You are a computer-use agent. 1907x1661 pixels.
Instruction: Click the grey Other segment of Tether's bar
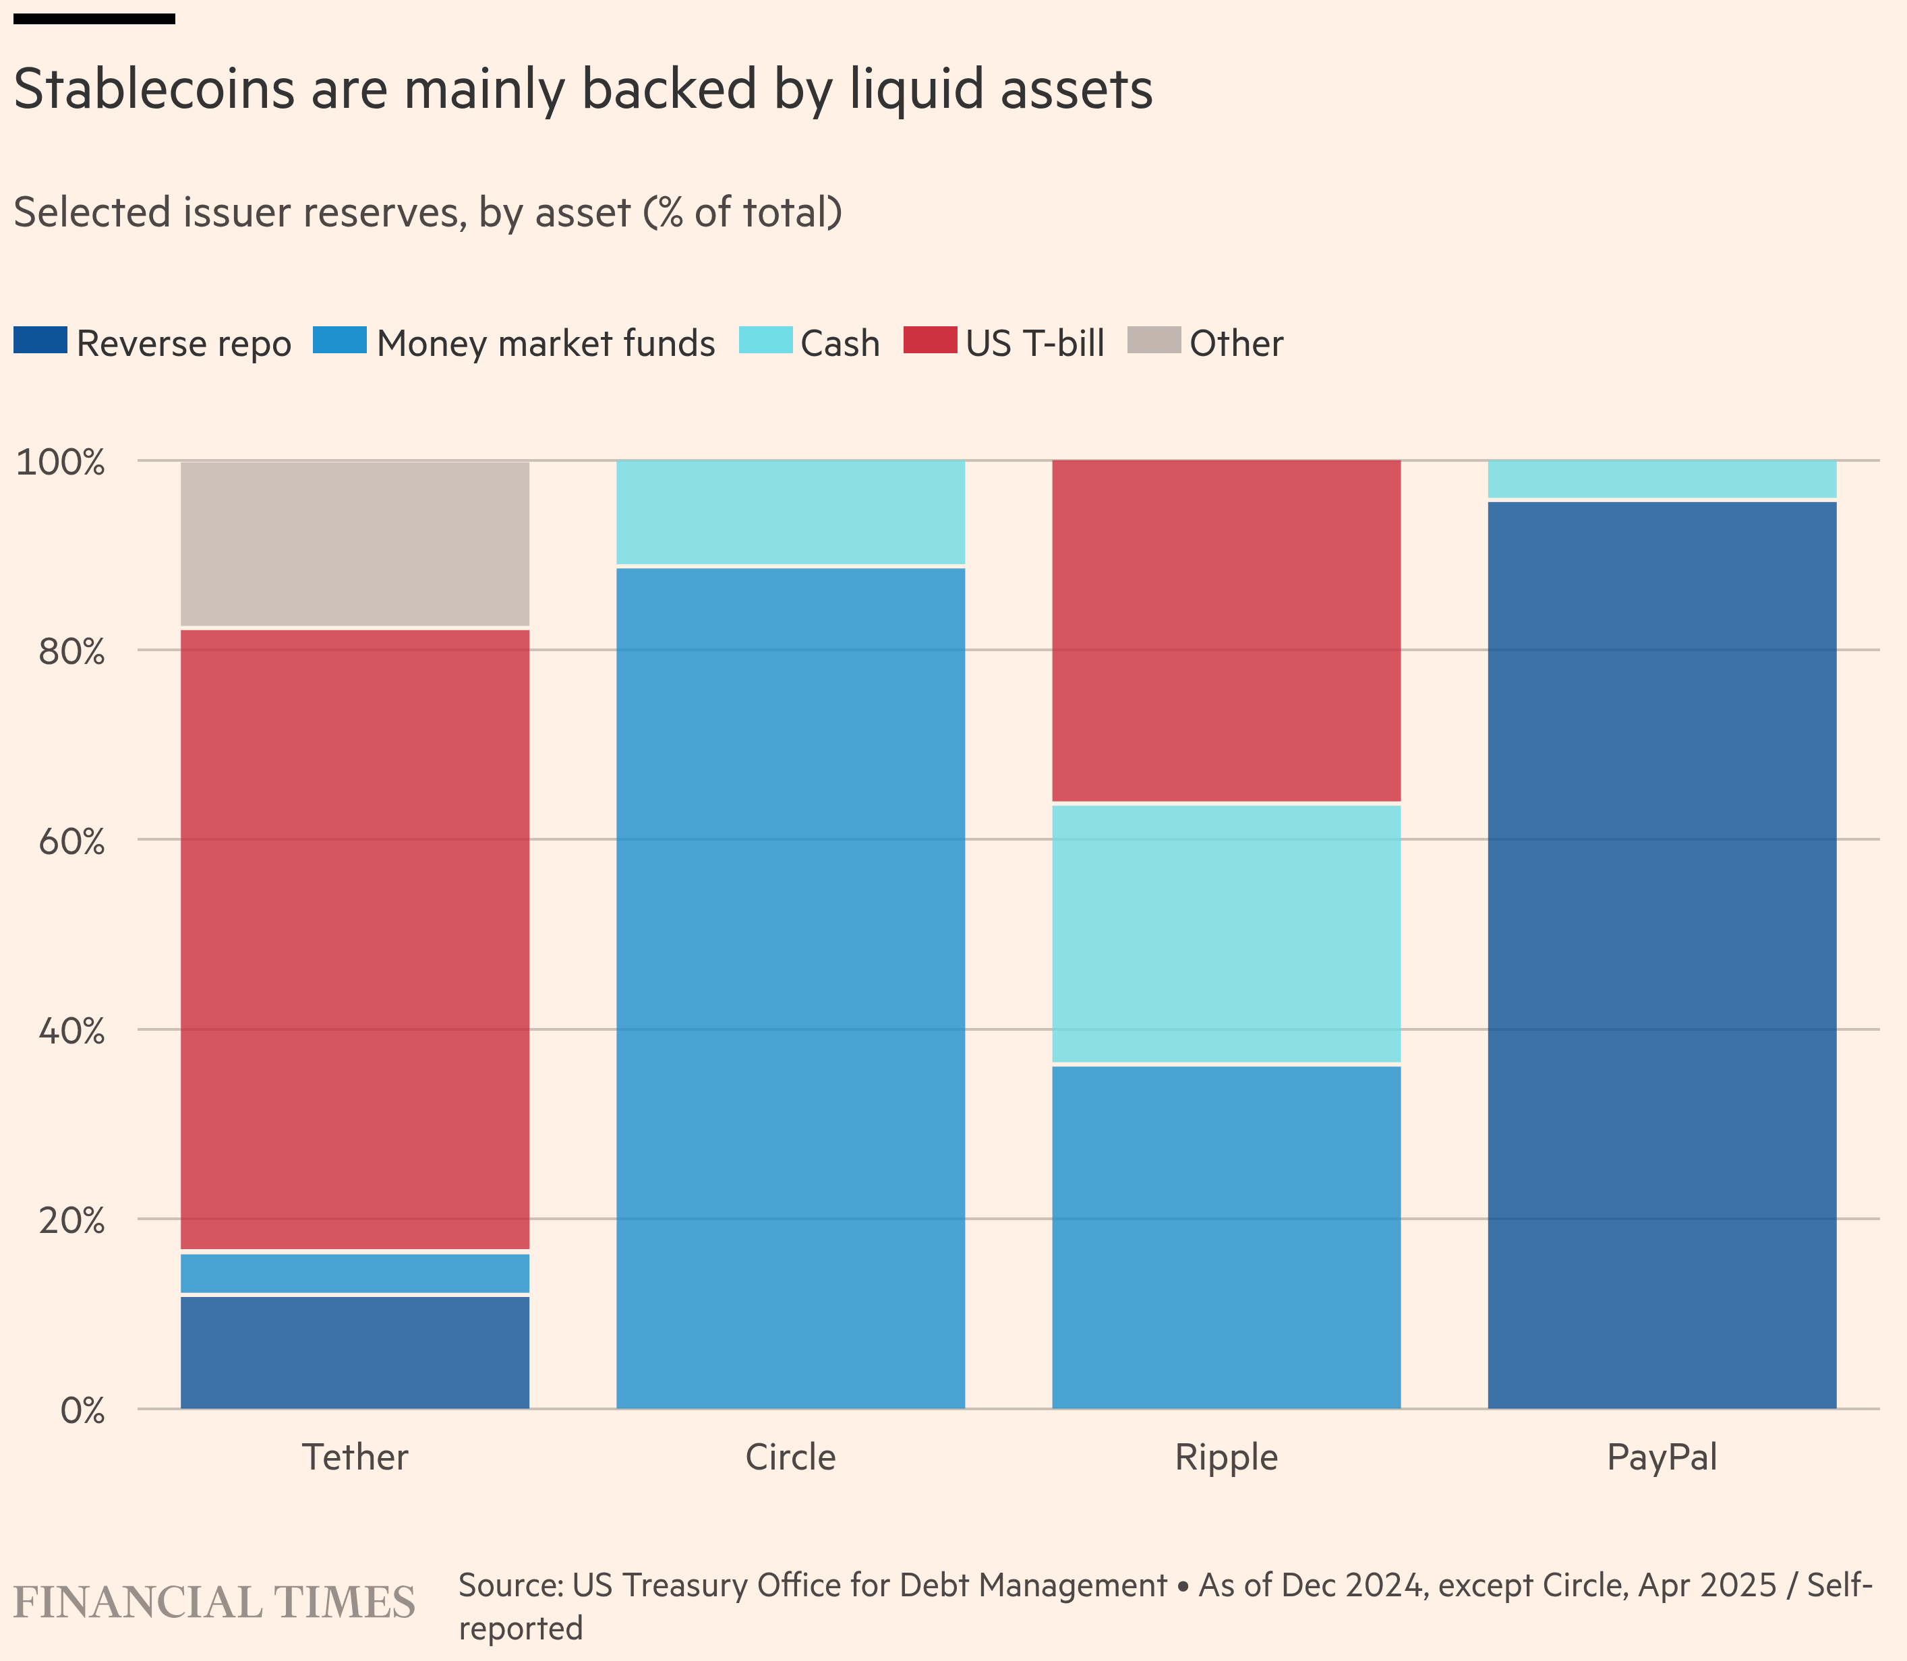(355, 544)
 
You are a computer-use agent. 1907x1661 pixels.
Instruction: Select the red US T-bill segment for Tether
(355, 939)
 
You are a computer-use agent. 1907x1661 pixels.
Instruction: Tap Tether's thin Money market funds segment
(355, 1273)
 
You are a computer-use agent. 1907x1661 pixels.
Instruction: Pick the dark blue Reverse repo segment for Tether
(355, 1352)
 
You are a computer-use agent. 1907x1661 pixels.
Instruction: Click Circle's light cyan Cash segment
(791, 512)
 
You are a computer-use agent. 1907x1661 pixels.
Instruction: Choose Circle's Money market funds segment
(791, 987)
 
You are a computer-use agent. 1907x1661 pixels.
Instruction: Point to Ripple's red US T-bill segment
(1226, 631)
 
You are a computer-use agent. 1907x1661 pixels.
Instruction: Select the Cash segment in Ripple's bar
(1226, 934)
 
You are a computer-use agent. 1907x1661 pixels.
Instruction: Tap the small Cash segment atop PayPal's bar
(1662, 479)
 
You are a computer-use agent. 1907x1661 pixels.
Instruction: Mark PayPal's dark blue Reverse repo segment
(1662, 955)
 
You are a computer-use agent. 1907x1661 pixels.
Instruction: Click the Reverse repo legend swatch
(40, 340)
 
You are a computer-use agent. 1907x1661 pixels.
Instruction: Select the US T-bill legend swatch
(930, 340)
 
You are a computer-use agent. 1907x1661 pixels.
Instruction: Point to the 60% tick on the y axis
(71, 841)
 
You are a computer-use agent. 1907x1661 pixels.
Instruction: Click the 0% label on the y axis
(82, 1411)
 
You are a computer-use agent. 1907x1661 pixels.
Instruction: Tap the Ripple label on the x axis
(1226, 1458)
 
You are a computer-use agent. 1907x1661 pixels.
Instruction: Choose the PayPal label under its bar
(1662, 1458)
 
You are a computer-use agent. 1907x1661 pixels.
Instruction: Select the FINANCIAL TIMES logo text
(214, 1602)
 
